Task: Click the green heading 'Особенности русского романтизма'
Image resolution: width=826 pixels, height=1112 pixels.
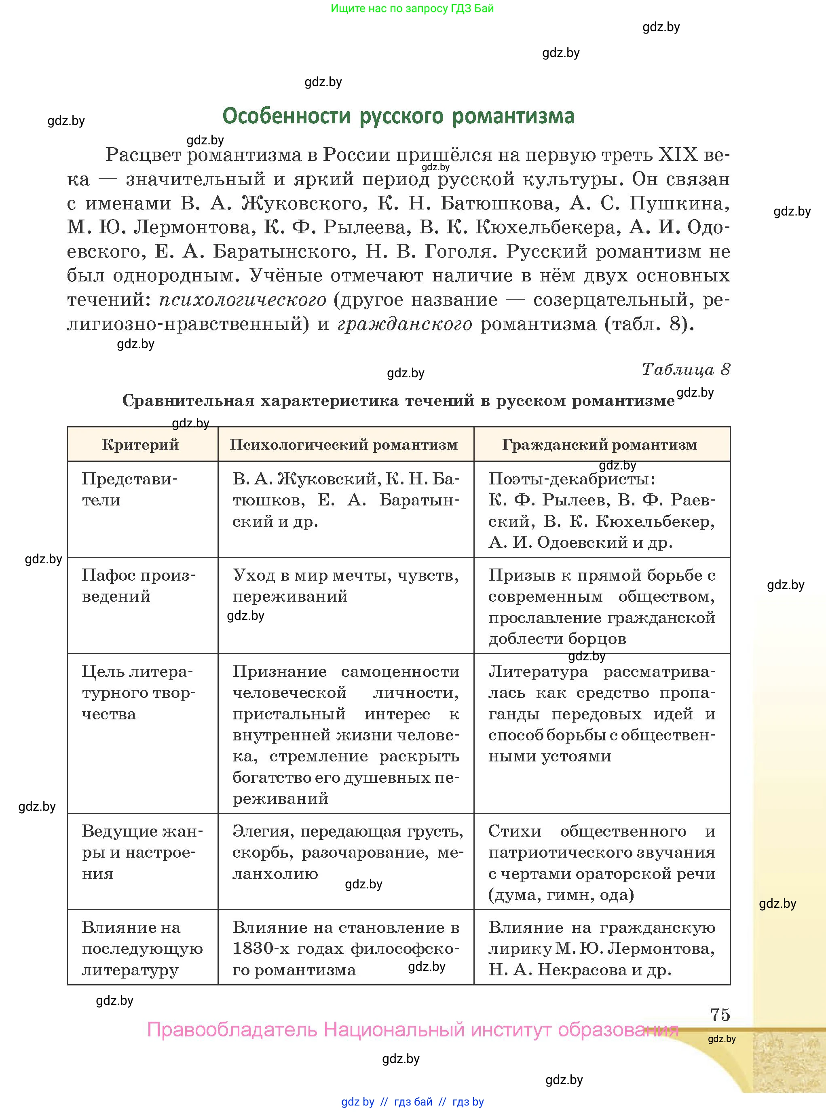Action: point(398,116)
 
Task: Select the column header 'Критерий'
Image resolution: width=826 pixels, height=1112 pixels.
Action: point(141,444)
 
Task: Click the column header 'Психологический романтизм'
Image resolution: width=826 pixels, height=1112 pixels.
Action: point(344,444)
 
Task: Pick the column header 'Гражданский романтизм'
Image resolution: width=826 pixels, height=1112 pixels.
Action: point(599,444)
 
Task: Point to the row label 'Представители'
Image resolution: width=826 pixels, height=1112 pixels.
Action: point(129,490)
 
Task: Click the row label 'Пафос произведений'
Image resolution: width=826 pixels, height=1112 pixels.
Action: point(137,586)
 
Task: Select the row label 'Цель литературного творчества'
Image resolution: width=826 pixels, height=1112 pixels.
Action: point(137,693)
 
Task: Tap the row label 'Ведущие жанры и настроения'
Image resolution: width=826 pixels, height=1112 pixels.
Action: point(142,852)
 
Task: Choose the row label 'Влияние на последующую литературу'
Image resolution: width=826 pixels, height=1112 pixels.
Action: point(142,949)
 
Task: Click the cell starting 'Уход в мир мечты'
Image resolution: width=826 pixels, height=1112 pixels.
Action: point(345,586)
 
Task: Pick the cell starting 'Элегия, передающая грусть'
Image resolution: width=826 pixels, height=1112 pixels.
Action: point(347,852)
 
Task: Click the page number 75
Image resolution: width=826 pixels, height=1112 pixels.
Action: point(720,1015)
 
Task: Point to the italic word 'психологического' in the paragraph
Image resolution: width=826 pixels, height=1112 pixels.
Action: point(243,300)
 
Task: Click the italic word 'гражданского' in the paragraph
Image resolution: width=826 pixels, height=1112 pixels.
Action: point(404,324)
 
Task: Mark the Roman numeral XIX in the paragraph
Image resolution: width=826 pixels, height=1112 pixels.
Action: point(678,155)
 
